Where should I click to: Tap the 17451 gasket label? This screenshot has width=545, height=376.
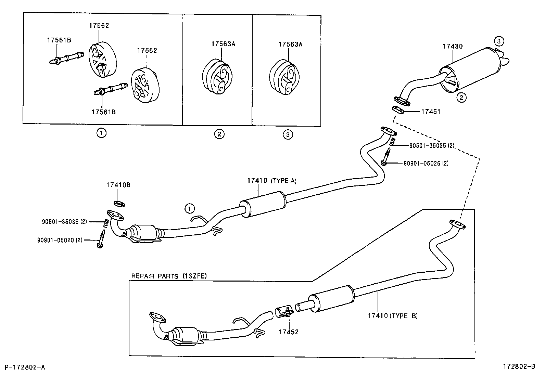430,112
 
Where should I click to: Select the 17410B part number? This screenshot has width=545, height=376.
118,185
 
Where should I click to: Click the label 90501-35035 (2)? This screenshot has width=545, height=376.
432,145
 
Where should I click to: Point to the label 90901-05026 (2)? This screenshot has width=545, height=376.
426,163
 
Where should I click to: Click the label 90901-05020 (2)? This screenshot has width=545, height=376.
60,240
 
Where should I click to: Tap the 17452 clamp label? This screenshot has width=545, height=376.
288,332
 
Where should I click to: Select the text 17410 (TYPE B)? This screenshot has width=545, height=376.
393,316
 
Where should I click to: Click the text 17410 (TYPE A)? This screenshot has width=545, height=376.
271,181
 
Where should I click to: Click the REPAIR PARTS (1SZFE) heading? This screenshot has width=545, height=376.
169,276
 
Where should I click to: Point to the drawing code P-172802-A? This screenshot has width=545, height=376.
25,367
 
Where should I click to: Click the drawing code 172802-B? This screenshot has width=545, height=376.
518,367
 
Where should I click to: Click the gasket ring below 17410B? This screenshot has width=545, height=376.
119,204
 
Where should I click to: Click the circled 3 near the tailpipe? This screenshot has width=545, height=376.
499,41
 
